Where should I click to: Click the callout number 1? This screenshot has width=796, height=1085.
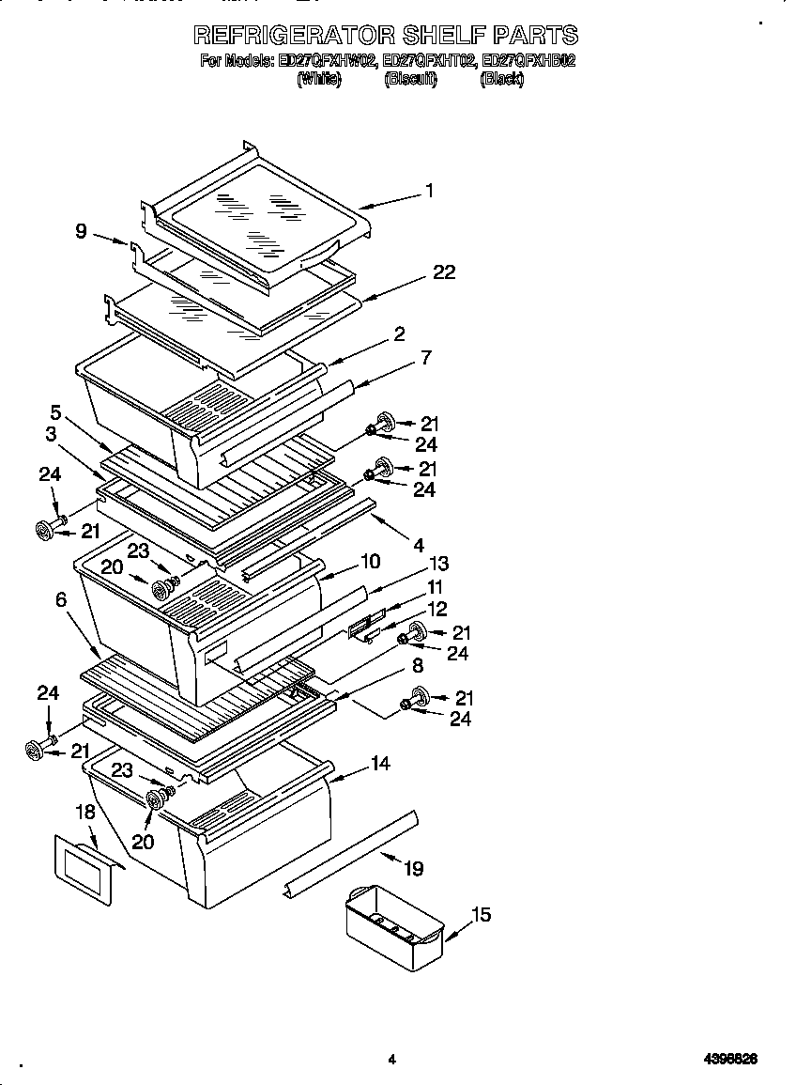click(x=429, y=191)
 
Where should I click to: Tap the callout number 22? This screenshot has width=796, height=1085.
click(x=444, y=272)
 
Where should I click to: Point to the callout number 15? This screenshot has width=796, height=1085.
click(x=481, y=914)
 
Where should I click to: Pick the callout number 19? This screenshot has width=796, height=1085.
click(x=414, y=869)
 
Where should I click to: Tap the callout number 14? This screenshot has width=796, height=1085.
click(x=380, y=764)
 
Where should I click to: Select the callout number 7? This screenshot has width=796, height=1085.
click(x=425, y=357)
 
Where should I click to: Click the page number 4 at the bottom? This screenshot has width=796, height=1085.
click(x=391, y=1060)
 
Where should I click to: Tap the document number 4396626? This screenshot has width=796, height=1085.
click(x=730, y=1060)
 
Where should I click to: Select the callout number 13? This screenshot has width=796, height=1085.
click(x=438, y=564)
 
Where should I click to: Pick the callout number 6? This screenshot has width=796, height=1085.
click(x=61, y=598)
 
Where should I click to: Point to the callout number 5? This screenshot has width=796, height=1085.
click(x=56, y=411)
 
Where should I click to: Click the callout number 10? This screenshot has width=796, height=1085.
click(x=370, y=562)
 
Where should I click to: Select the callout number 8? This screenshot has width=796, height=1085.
click(x=418, y=665)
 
